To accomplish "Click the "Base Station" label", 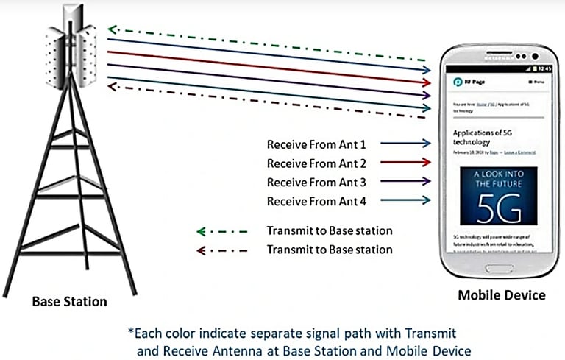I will [69, 301].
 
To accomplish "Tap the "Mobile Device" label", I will [502, 295].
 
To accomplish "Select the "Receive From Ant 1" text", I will [316, 144].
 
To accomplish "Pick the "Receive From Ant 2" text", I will [316, 163].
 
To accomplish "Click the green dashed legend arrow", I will [221, 231].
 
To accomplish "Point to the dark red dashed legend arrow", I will [221, 250].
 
